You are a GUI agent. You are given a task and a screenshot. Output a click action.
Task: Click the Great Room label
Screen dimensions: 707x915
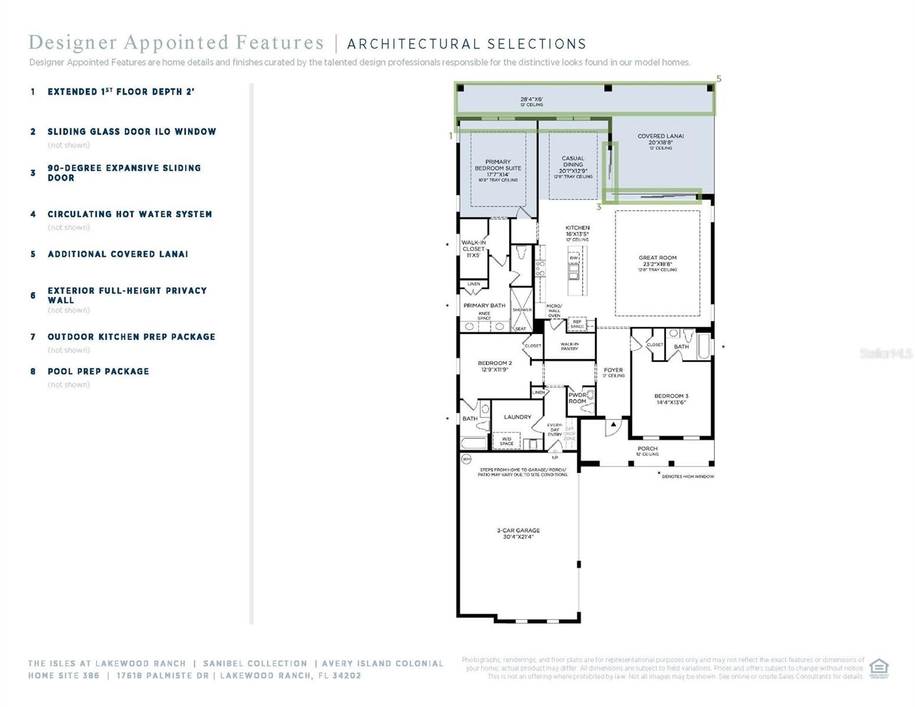(658, 258)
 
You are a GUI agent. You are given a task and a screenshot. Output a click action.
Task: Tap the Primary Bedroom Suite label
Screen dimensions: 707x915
(498, 165)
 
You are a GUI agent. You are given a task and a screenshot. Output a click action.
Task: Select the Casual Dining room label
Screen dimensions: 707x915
(573, 162)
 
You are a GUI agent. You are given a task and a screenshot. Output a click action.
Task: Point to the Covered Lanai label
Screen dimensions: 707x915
(660, 136)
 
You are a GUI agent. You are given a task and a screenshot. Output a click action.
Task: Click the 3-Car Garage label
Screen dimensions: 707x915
(518, 531)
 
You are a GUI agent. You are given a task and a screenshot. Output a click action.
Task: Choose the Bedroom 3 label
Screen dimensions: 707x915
(671, 397)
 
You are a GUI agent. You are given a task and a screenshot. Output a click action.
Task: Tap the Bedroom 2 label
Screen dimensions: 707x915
(494, 364)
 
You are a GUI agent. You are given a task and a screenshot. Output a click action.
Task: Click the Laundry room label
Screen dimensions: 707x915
(517, 417)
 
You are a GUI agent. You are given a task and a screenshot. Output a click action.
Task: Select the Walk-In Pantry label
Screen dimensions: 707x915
(569, 346)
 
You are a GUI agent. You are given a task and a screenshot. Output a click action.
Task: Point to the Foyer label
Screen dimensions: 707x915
(613, 371)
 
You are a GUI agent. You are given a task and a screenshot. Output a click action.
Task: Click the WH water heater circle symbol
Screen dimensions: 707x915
(467, 458)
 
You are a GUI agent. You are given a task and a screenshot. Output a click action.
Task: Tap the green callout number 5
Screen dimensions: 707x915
(719, 79)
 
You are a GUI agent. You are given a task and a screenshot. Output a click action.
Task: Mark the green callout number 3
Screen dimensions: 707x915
(599, 207)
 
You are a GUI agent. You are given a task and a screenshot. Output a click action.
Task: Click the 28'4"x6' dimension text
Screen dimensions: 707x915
(531, 100)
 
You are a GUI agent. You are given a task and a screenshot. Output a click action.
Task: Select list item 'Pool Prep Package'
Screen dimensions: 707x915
(98, 372)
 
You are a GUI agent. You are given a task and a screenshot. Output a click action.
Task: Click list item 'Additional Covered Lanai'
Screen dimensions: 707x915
(118, 255)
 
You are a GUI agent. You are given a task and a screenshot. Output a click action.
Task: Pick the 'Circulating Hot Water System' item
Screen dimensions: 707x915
(130, 214)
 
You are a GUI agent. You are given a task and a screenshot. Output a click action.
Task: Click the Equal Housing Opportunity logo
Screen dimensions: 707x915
(878, 668)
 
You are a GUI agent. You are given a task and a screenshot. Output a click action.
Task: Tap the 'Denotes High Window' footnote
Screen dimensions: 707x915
(687, 476)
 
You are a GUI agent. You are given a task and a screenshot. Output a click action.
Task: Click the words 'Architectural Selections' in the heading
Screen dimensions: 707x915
(467, 44)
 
